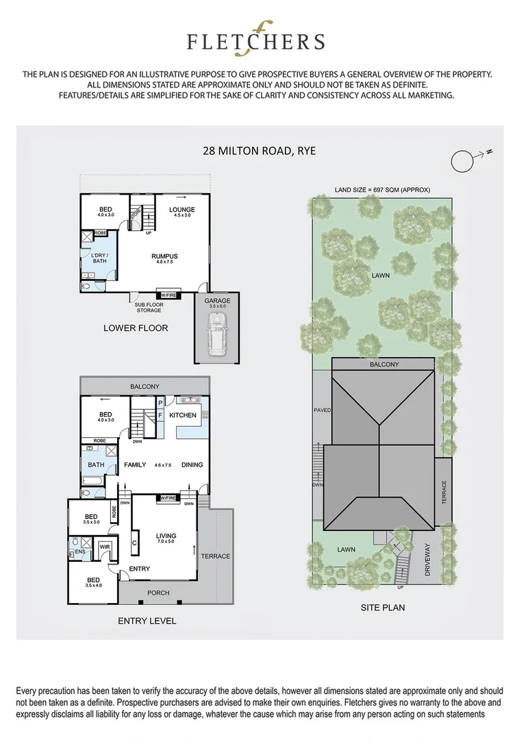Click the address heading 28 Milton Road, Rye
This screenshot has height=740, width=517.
(259, 150)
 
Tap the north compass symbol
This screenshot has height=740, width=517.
(463, 161)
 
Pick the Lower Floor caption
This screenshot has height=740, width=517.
(136, 328)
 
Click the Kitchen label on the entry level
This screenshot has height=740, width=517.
(183, 415)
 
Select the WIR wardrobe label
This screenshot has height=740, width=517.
(105, 546)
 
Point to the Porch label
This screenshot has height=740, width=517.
(158, 593)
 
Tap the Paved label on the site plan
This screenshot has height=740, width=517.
(322, 410)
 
